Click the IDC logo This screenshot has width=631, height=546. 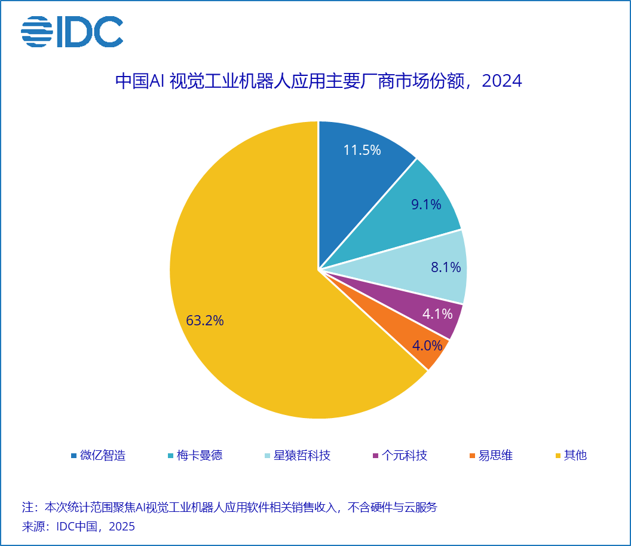coord(72,32)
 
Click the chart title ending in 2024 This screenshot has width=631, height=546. coord(318,81)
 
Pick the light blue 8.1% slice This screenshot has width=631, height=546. coord(418,263)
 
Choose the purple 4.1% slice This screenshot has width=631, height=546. coord(418,305)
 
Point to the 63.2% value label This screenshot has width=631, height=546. coord(205,321)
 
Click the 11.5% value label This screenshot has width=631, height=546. coord(362,150)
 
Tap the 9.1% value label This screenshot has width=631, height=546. coord(426,205)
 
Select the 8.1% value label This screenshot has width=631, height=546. coord(446,267)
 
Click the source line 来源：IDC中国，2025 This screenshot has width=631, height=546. coord(78,527)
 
